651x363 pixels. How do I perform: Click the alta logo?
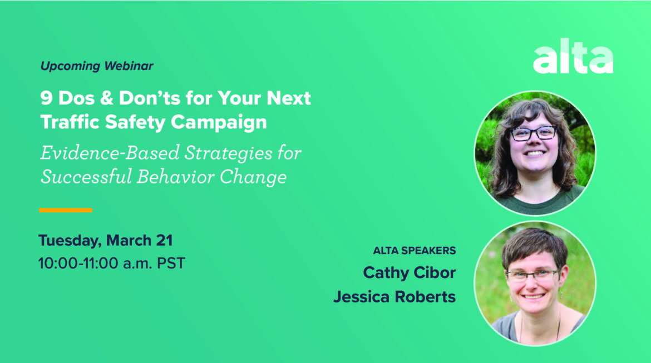(x=573, y=58)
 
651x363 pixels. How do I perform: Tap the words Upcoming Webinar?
(x=97, y=66)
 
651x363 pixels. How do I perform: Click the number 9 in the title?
(x=46, y=99)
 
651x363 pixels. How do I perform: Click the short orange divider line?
(x=65, y=210)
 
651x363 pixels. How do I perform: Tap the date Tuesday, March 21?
(x=105, y=241)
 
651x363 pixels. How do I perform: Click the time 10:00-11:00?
(x=78, y=263)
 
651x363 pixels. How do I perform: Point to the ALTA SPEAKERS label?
(x=414, y=251)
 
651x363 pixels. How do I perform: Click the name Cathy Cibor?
(x=409, y=273)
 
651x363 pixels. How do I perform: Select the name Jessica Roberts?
(x=394, y=297)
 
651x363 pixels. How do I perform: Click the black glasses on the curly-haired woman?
(x=533, y=133)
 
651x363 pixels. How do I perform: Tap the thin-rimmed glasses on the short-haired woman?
(x=532, y=275)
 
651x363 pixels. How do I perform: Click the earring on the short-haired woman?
(x=510, y=298)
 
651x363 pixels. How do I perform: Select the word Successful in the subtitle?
(x=84, y=177)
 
